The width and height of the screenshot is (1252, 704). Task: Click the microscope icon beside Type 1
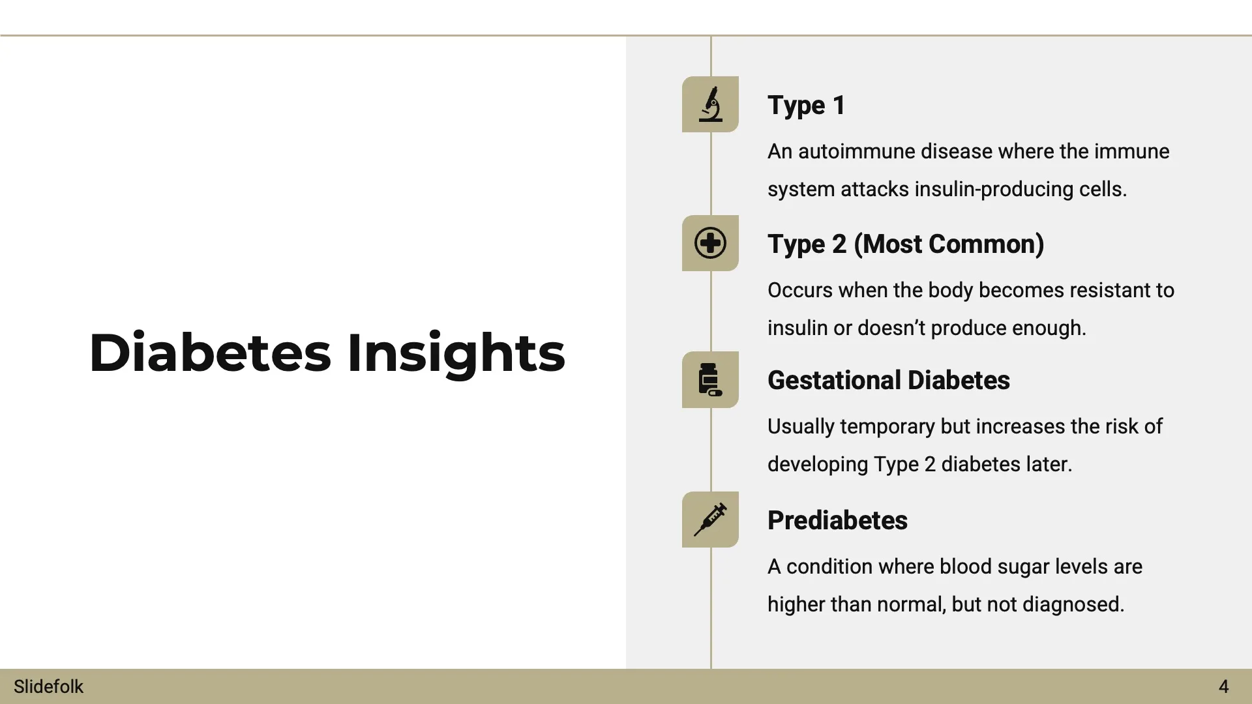tap(710, 104)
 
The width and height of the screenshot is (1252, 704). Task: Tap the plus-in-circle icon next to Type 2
tap(710, 243)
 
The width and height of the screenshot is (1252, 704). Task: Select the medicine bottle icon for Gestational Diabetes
tap(710, 380)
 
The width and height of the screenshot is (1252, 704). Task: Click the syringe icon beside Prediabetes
tap(710, 520)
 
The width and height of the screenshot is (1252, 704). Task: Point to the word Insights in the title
tap(456, 353)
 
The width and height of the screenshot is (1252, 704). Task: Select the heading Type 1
tap(806, 105)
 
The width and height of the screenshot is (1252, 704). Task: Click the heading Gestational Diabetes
tap(888, 380)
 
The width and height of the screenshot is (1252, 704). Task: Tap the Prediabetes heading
tap(837, 520)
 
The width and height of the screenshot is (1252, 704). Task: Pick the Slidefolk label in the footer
tap(48, 686)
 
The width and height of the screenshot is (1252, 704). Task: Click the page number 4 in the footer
tap(1223, 686)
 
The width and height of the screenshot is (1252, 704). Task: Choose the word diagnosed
tap(1073, 604)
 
